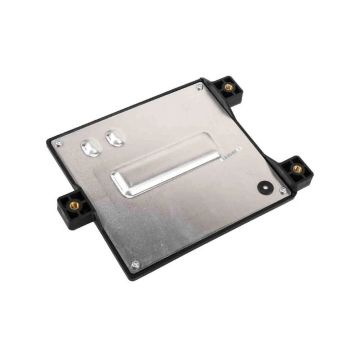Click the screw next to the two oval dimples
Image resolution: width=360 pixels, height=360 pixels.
[x=58, y=143]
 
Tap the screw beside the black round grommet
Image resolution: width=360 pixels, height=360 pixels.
[x=283, y=190]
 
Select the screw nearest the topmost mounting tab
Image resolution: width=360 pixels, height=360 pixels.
[x=199, y=87]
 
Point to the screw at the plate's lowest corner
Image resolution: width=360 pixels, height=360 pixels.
[x=135, y=265]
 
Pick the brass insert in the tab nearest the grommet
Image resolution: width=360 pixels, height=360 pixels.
[x=297, y=168]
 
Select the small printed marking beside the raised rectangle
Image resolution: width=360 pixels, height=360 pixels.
[x=229, y=154]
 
